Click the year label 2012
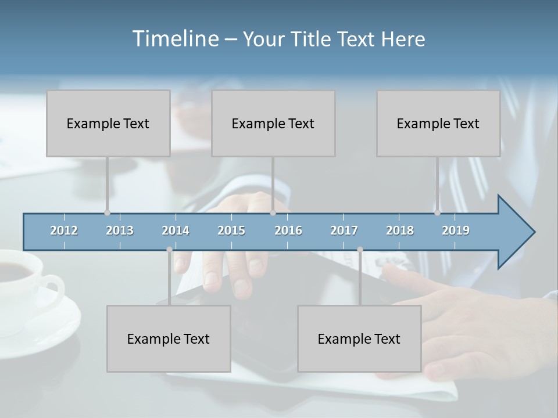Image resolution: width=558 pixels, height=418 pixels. coord(64,230)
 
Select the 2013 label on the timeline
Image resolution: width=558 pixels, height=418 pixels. coord(120,230)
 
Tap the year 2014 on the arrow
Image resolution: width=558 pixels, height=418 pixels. coord(176,230)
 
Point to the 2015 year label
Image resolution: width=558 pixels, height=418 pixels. coord(231,230)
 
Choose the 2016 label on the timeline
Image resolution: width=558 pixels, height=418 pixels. coord(288,230)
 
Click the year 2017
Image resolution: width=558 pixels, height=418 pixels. coord(344,230)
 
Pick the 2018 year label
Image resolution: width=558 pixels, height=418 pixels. coord(400,230)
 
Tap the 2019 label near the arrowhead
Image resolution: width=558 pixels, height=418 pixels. coord(456,230)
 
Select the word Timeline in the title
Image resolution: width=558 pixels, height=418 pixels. coord(175,39)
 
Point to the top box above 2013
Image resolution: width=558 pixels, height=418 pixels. coord(108,123)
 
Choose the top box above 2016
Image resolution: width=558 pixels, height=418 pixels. coord(273,123)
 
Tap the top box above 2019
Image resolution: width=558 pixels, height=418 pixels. coord(438,123)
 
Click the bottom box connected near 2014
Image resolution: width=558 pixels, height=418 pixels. coord(169,338)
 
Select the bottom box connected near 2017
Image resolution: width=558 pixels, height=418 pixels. coord(359,338)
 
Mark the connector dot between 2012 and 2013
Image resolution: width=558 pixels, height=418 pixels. coord(107,213)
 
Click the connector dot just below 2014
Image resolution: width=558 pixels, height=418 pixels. coord(169,250)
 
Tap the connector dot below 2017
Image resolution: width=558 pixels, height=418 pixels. coord(360,250)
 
